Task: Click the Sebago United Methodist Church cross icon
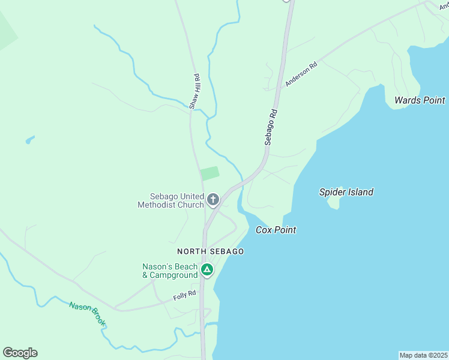(x=212, y=199)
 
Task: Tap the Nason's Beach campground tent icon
(x=206, y=270)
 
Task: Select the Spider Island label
(x=346, y=192)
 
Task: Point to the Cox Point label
(x=276, y=230)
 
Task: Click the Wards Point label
(x=420, y=100)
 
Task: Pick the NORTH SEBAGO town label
(x=210, y=251)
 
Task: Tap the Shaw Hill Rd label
(x=194, y=91)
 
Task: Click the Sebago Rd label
(x=271, y=127)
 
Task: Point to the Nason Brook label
(x=88, y=314)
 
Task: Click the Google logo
(x=20, y=353)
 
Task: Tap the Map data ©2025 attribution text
(x=423, y=355)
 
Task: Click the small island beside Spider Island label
(x=334, y=203)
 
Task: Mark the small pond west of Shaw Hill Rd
(x=29, y=140)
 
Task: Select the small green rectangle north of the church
(x=209, y=173)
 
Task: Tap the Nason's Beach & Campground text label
(x=170, y=271)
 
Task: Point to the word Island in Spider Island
(x=360, y=192)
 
